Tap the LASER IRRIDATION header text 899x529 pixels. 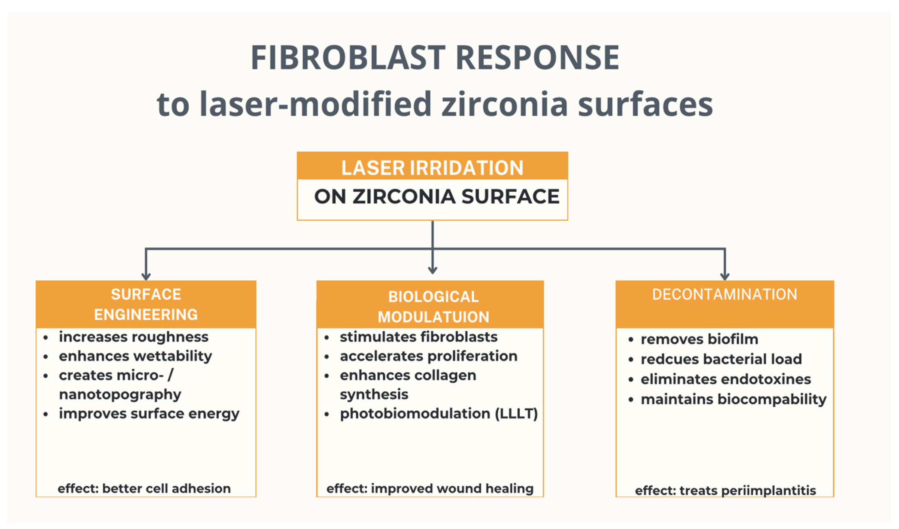pos(432,168)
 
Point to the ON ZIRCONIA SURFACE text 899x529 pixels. pos(437,196)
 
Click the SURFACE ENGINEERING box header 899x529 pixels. pos(146,304)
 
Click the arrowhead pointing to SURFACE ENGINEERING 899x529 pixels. pos(146,276)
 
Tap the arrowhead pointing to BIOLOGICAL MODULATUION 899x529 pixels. pos(433,270)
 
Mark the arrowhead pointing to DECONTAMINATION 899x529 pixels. pos(724,276)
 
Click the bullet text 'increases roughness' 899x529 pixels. pos(134,337)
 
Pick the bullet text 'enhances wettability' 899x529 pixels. pos(135,356)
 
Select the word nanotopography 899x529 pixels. pos(120,395)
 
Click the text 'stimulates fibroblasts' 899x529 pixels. pos(418,337)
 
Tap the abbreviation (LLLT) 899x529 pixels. pos(516,414)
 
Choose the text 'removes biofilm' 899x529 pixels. pos(700,339)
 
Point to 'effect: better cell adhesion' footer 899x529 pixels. pos(144,489)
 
